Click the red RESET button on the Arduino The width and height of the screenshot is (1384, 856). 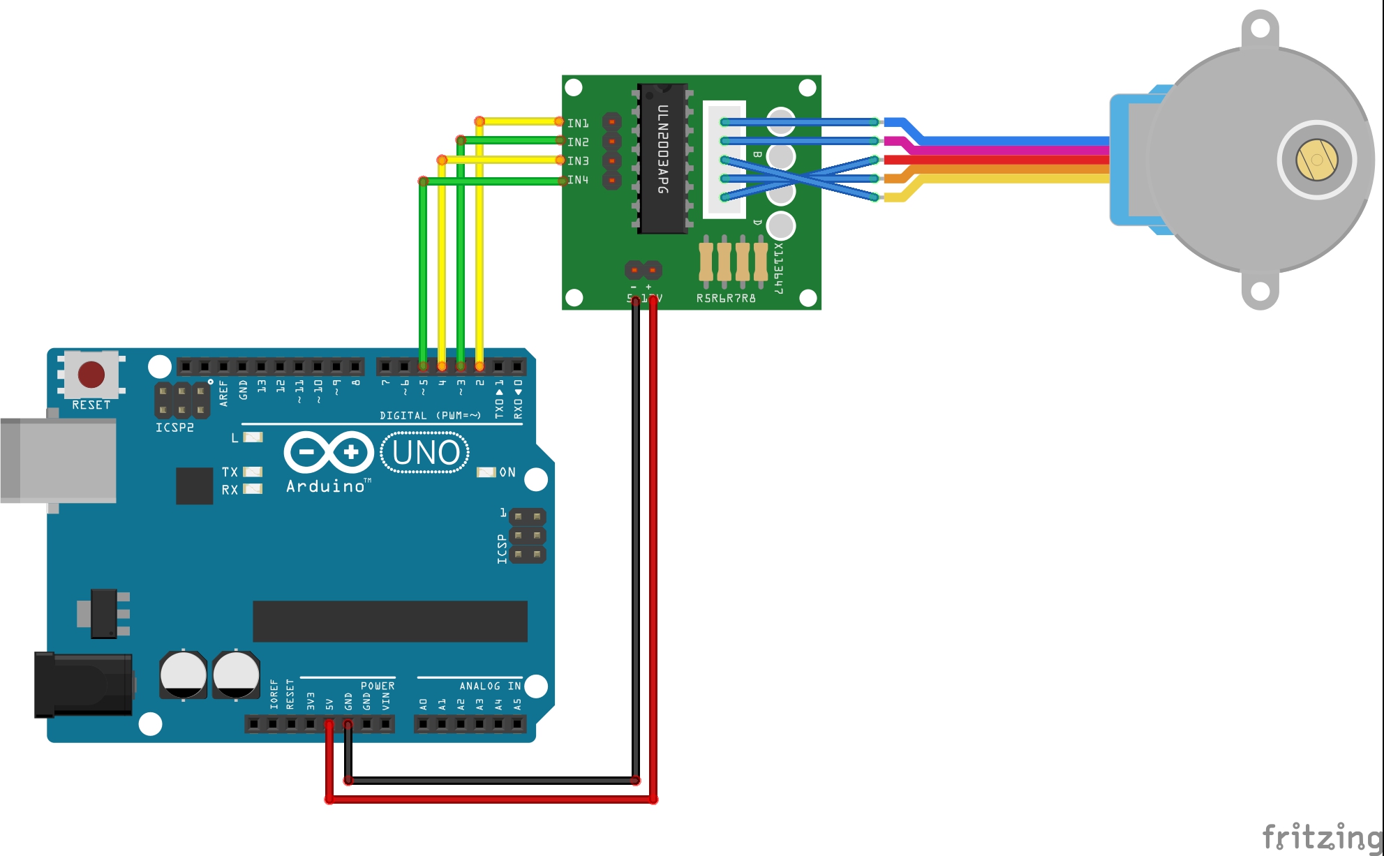tap(91, 375)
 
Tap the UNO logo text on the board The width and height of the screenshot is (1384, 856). tap(426, 453)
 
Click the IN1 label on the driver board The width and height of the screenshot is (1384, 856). tap(578, 123)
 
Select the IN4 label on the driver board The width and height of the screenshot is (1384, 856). tap(578, 180)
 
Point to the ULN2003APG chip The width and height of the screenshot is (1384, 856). tap(662, 159)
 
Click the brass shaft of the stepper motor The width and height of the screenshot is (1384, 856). tap(1316, 160)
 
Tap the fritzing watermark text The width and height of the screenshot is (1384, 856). tap(1321, 836)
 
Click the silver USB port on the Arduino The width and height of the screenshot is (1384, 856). tap(59, 460)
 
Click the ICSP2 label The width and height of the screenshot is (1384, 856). tap(174, 428)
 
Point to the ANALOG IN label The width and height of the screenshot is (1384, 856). tap(490, 686)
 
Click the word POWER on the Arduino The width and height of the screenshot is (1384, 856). tap(378, 686)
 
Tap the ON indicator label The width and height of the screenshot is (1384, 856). tap(507, 472)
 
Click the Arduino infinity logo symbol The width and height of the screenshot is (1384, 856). tap(329, 452)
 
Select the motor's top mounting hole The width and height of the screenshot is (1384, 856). tap(1260, 29)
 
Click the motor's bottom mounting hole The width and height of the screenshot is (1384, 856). tap(1260, 291)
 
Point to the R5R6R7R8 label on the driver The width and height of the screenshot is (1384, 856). tap(726, 299)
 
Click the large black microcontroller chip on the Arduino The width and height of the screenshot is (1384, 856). tap(389, 621)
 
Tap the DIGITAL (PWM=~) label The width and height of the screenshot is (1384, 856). tap(430, 416)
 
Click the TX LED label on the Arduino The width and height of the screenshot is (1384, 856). tap(230, 472)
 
